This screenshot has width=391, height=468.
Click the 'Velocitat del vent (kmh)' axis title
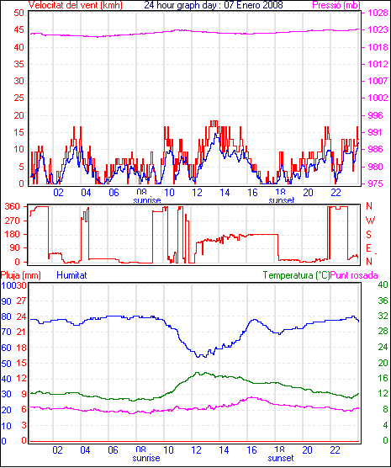76,5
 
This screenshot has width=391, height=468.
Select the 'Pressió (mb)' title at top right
336,5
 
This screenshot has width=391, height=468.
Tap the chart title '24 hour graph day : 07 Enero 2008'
214,5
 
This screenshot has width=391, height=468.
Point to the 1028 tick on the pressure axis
378,13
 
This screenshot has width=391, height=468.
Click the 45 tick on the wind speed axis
18,30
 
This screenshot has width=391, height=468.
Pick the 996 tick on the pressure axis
375,115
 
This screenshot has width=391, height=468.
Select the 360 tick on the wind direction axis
13,206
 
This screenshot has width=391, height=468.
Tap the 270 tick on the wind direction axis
13,221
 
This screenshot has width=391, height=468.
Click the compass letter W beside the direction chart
370,221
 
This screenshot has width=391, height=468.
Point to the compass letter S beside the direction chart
369,235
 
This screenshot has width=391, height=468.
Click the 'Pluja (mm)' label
20,275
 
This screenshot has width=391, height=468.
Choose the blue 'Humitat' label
71,275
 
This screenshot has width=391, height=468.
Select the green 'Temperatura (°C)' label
296,275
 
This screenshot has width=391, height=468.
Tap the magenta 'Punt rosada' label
354,275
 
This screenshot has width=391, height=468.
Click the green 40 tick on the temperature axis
383,285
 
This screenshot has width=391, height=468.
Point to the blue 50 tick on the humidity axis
6,364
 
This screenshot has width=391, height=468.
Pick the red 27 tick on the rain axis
22,300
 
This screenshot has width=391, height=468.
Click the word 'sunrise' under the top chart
147,199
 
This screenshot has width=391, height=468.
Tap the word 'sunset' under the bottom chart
281,458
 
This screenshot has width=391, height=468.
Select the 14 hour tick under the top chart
225,193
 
